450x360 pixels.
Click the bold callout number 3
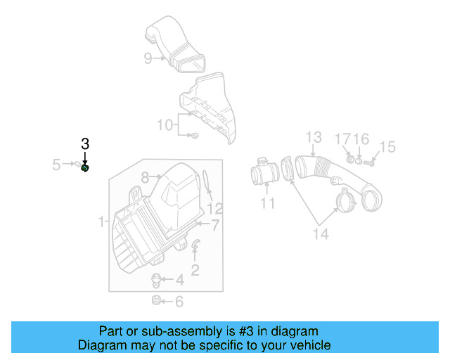(85, 143)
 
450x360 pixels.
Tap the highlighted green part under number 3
(85, 167)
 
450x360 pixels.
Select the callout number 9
(148, 58)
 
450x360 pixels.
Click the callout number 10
(165, 125)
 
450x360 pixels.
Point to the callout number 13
(313, 137)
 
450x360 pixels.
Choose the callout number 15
(387, 147)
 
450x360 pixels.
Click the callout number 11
(267, 204)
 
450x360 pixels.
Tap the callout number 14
(320, 234)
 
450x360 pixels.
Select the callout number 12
(214, 208)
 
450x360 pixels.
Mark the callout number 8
(146, 177)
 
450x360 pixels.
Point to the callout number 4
(179, 281)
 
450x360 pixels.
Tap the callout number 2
(195, 269)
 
